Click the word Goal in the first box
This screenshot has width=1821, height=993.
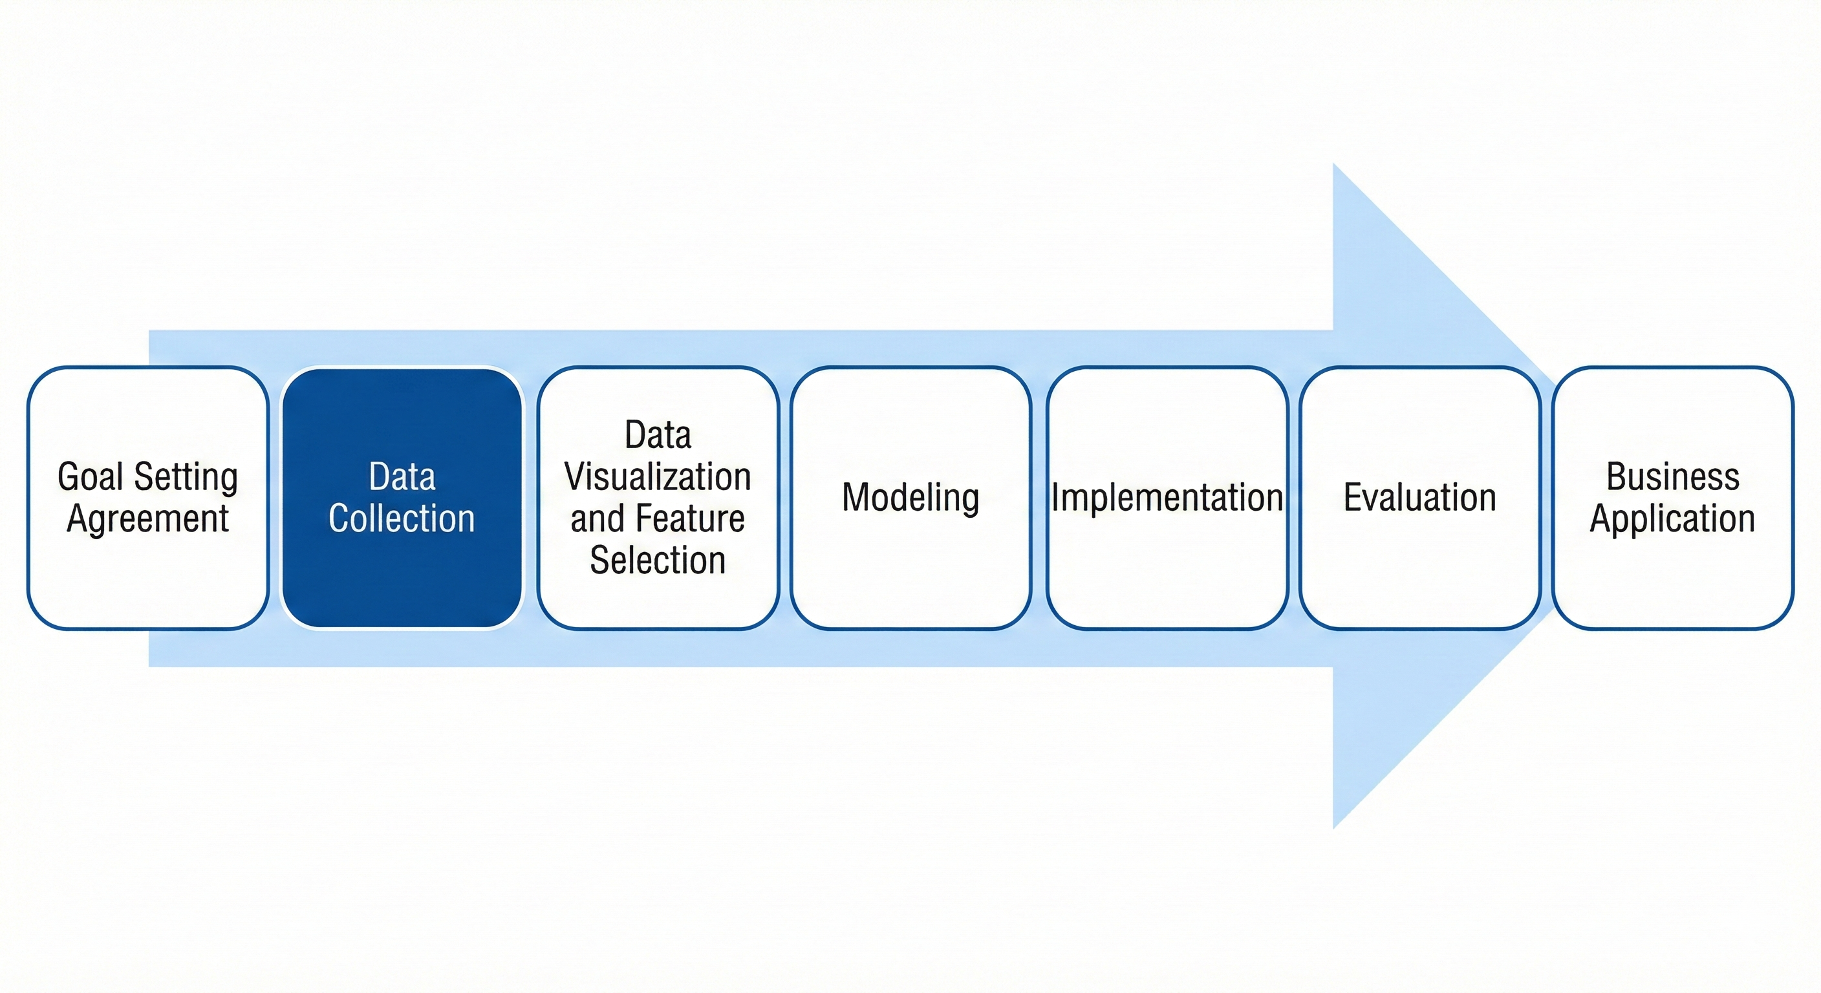[x=92, y=477]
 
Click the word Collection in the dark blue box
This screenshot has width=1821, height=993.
[x=402, y=518]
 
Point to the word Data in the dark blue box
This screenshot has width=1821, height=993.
[x=402, y=477]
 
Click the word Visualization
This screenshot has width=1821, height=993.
[x=658, y=477]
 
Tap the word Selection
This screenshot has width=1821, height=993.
[x=658, y=561]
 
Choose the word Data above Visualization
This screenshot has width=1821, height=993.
[x=658, y=434]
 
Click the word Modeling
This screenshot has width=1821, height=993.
[x=910, y=498]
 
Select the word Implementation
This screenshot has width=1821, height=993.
[x=1167, y=498]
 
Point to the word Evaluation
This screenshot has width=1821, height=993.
[x=1419, y=498]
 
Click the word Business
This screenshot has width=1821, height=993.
[x=1672, y=477]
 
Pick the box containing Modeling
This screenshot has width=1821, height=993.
[x=910, y=579]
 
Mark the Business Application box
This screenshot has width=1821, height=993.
[x=1672, y=586]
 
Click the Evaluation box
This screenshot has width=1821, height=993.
[x=1419, y=579]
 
